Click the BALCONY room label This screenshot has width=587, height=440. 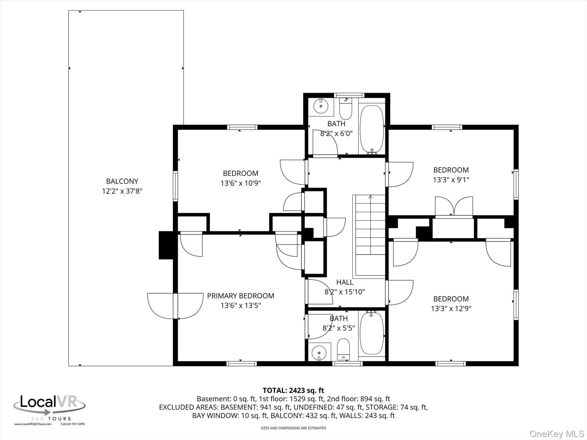coord(122,181)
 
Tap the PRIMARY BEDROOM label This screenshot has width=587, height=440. coord(241,296)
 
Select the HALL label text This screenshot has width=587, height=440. coord(345,282)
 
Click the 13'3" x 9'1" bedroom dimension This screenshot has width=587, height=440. coord(451,180)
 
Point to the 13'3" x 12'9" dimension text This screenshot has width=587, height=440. coord(451,308)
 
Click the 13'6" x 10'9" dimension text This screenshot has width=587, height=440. coord(241,183)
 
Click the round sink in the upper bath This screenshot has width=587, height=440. coord(321,106)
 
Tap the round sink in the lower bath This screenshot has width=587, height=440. coord(318,353)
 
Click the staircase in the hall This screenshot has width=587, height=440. coord(370,236)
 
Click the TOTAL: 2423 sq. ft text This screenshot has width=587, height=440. coord(293,390)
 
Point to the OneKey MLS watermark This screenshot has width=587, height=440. coord(557,433)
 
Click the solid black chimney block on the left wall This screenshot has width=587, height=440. coord(166,245)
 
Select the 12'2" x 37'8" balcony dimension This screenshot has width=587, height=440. coord(122,191)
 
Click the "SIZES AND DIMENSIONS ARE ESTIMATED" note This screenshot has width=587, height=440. coord(293,428)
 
